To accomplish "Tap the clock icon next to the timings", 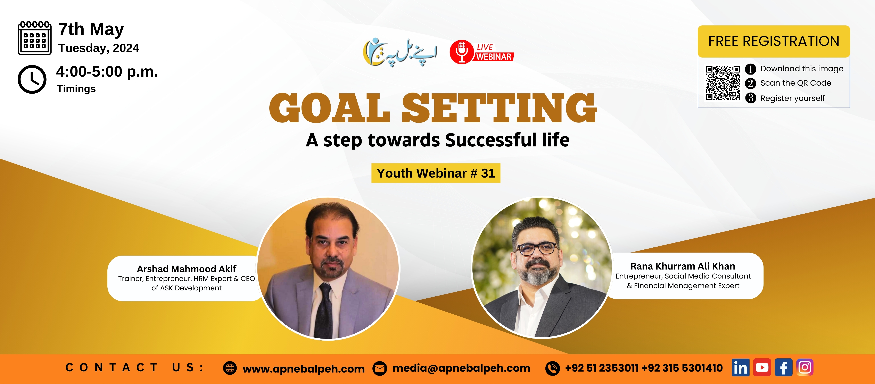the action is tap(32, 79).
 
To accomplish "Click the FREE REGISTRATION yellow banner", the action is tap(774, 41).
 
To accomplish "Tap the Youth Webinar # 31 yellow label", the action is tap(436, 173).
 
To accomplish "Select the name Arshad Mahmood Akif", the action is tap(187, 269).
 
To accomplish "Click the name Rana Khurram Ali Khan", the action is tap(683, 266).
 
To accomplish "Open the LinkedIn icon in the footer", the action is tap(741, 367).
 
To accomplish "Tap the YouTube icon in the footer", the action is tap(762, 367).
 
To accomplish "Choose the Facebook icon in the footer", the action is tap(783, 367).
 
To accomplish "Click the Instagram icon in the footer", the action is tap(805, 367).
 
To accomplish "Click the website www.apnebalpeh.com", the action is tap(304, 369).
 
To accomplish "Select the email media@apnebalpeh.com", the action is tap(461, 368).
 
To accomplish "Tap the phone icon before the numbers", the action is tap(552, 368).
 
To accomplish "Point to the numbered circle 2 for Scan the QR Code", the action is tap(750, 83).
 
